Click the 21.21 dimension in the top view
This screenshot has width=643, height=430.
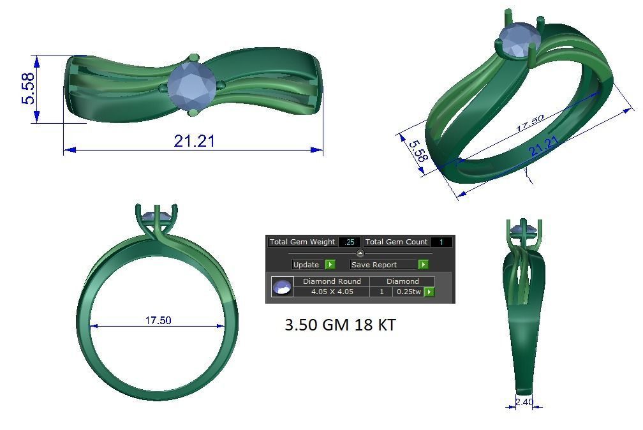coord(194,141)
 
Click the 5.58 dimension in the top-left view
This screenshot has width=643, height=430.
coord(28,89)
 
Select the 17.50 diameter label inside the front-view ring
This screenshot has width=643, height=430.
coord(158,320)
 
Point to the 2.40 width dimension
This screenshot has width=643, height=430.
coord(524,402)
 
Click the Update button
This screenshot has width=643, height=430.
coord(306,265)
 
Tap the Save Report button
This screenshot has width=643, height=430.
coord(374,265)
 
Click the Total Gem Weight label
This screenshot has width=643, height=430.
coord(302,242)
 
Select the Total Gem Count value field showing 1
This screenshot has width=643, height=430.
coord(441,242)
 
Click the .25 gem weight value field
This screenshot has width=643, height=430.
coord(349,242)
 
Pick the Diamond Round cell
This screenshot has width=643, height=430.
coord(331,281)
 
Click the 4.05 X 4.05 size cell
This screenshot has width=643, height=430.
coord(331,292)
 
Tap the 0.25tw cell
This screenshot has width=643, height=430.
coord(408,292)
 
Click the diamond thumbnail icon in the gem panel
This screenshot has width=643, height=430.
coord(282,287)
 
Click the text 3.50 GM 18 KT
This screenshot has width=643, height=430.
coord(340,325)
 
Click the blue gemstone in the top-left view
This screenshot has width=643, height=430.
coord(191,85)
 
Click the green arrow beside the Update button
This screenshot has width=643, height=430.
coord(330,265)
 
